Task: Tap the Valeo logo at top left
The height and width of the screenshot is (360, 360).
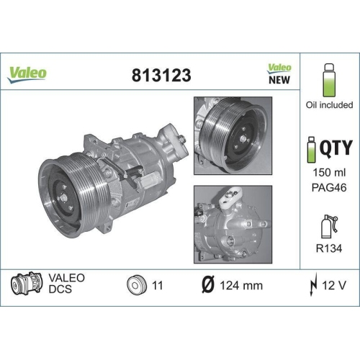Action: [x=27, y=72]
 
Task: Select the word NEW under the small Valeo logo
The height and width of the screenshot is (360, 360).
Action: [x=279, y=80]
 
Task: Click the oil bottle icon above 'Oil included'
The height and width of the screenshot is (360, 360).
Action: [x=328, y=81]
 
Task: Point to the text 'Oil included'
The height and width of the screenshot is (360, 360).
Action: [x=329, y=105]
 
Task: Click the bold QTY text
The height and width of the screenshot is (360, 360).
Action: [x=336, y=148]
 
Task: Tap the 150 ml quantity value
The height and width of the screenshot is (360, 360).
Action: [x=328, y=175]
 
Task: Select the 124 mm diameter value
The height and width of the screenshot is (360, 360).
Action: [x=240, y=285]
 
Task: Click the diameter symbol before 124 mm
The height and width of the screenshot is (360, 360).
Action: [x=205, y=285]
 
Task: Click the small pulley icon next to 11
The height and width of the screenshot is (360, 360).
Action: [x=135, y=284]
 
